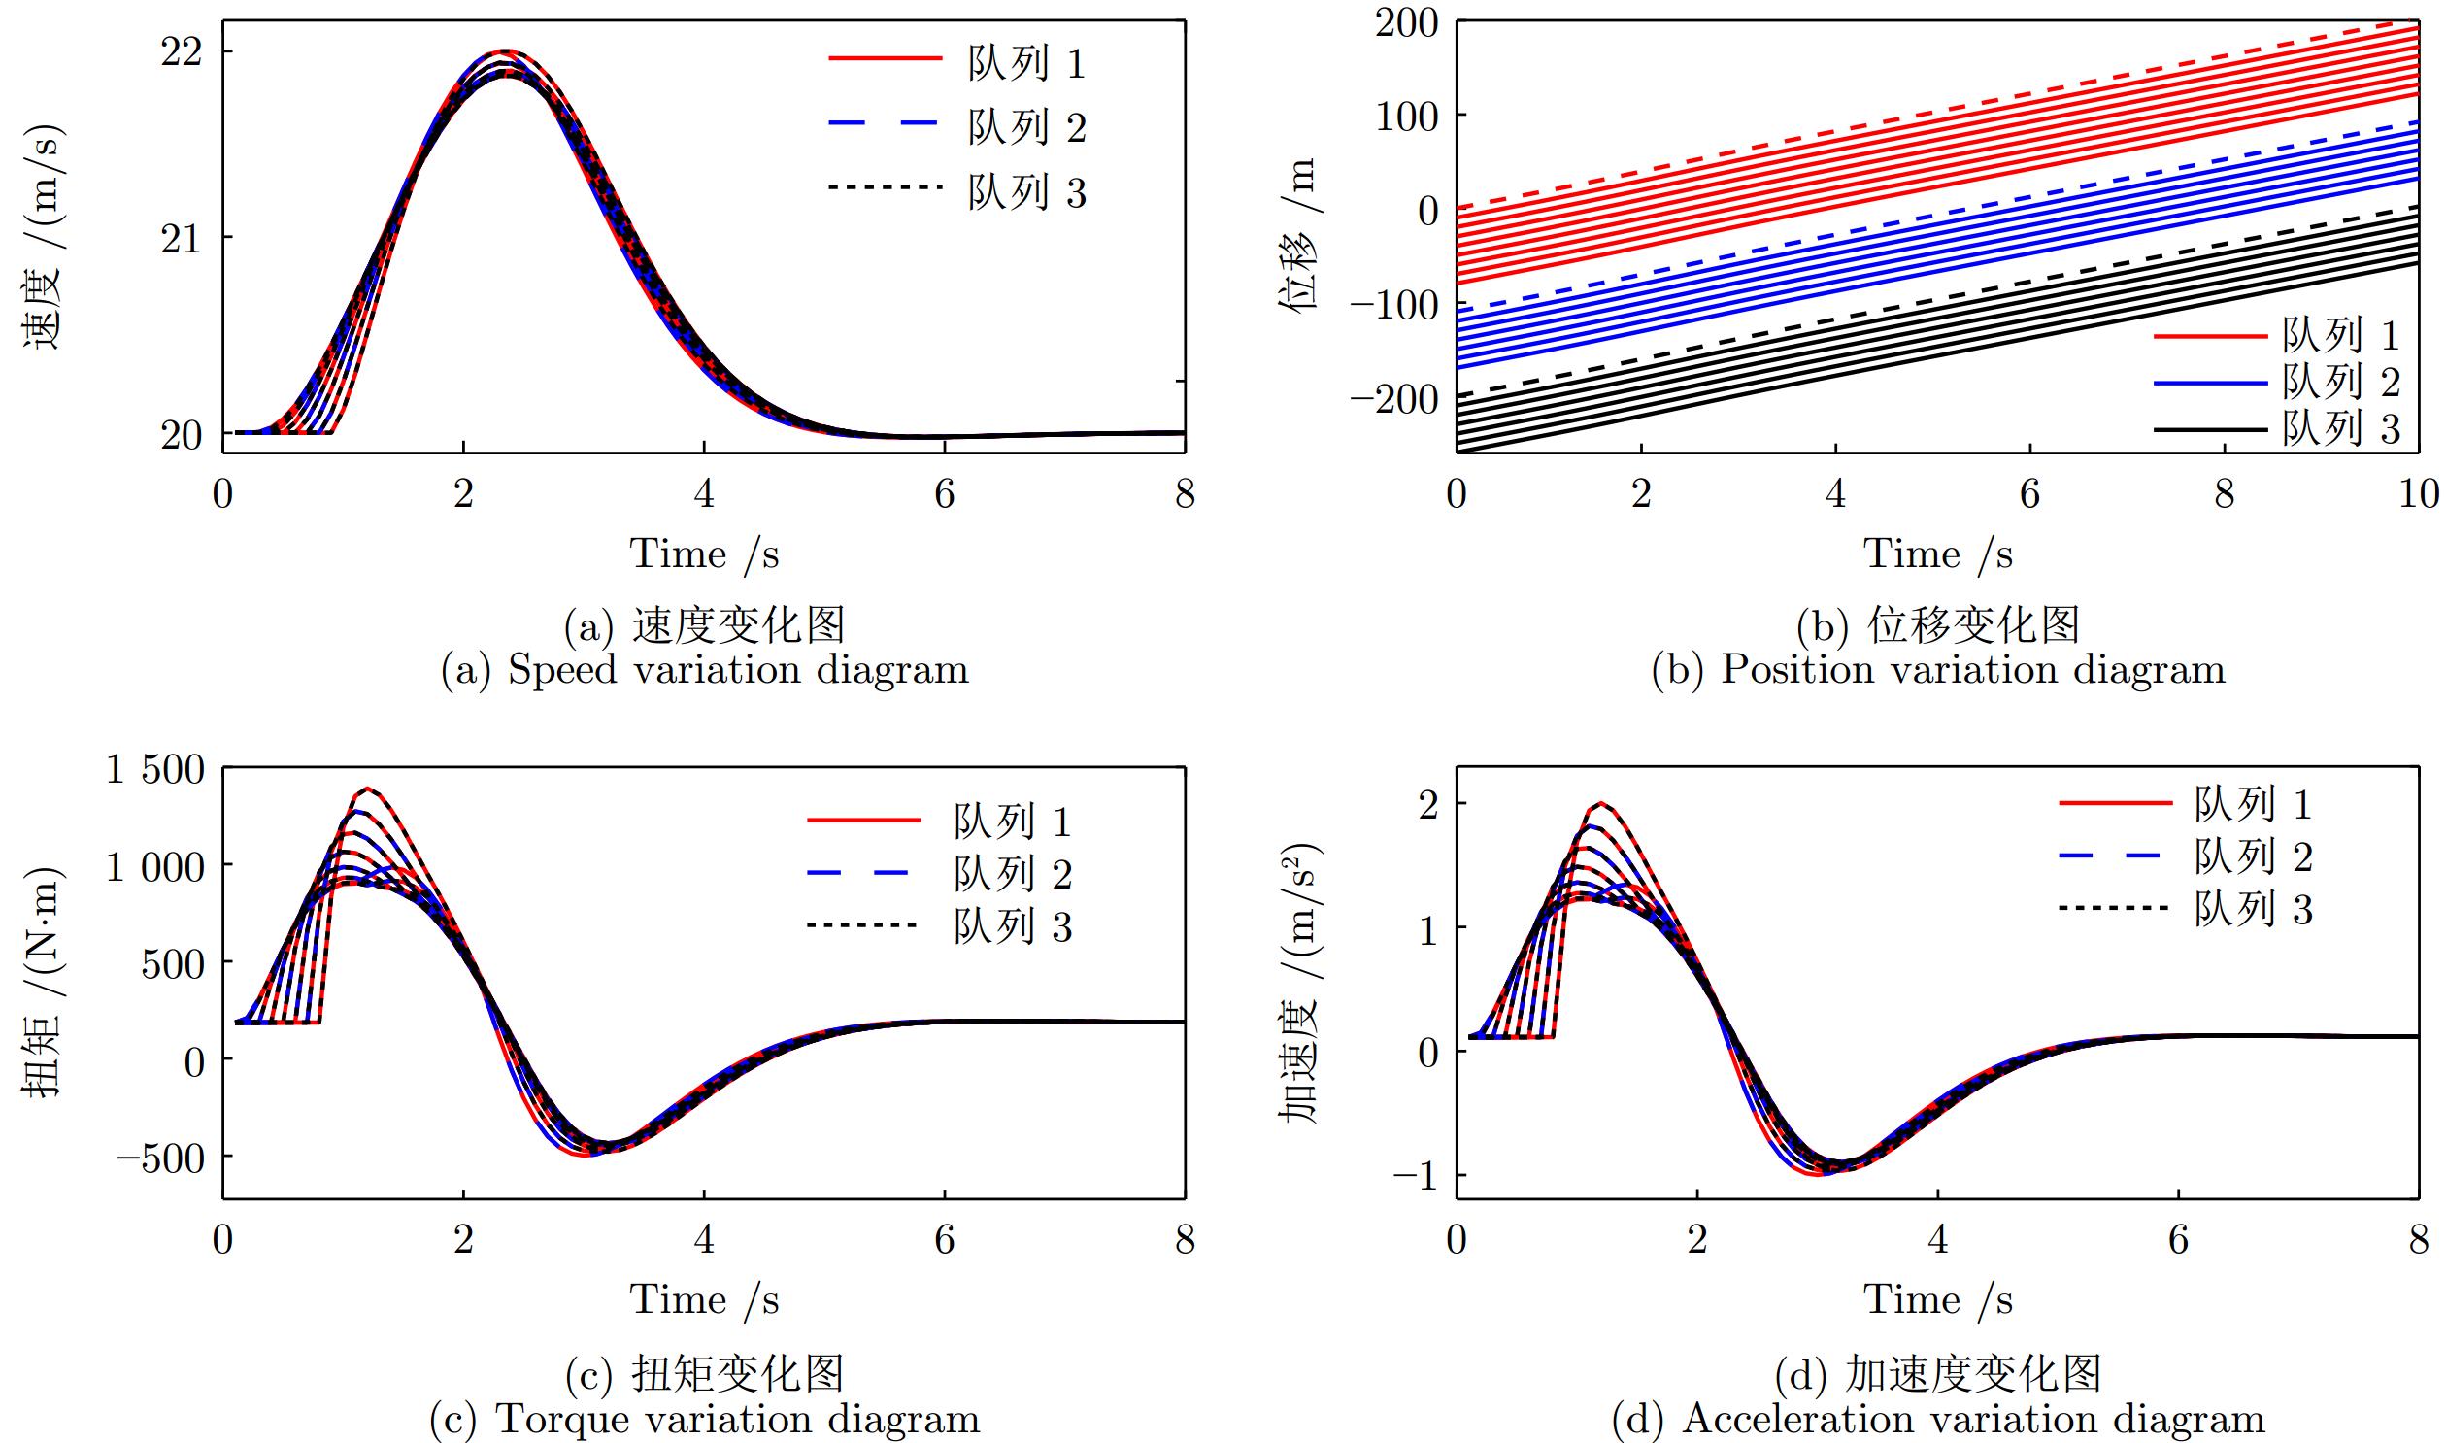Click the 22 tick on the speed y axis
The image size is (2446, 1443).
181,51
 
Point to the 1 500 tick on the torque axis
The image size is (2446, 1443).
155,769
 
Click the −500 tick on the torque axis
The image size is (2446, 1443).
160,1158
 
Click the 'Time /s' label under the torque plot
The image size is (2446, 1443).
705,1300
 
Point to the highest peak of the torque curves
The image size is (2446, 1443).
367,788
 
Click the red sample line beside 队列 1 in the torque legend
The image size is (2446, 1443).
863,821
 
